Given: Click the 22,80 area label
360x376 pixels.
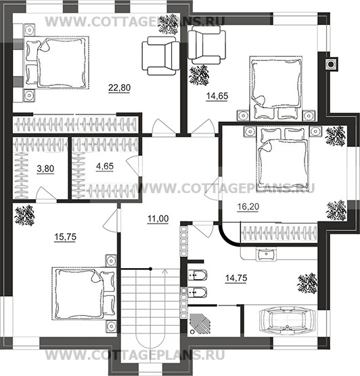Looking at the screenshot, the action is pos(119,88).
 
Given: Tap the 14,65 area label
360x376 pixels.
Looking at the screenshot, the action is pos(217,96).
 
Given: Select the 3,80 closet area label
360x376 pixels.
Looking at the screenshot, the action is pos(45,169).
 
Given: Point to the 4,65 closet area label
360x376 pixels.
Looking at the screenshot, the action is pos(105,166).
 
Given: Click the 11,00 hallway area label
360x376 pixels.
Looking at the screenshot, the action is pos(158,219).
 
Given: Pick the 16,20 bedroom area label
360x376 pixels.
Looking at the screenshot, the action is pos(248,207).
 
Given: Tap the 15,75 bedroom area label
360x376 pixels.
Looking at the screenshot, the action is pos(65,237).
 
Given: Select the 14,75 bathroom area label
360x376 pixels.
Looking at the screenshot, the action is pos(236,278).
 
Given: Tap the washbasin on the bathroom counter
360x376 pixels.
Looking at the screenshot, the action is pos(266,254).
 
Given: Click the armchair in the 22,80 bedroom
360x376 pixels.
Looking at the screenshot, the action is pos(161,56).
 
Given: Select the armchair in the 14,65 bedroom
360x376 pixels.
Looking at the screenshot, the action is pos(206,45).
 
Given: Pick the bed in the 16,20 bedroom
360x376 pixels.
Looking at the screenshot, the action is pos(283,156).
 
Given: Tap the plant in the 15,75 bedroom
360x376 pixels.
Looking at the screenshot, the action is pos(24,215).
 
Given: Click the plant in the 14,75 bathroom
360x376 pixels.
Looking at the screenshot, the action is pos(307,283).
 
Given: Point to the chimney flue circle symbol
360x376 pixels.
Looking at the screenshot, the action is pos(331,64).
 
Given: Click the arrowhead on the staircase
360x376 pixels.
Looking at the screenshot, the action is pos(165,271).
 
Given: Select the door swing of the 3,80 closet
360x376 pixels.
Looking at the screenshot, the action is pos(45,192).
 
